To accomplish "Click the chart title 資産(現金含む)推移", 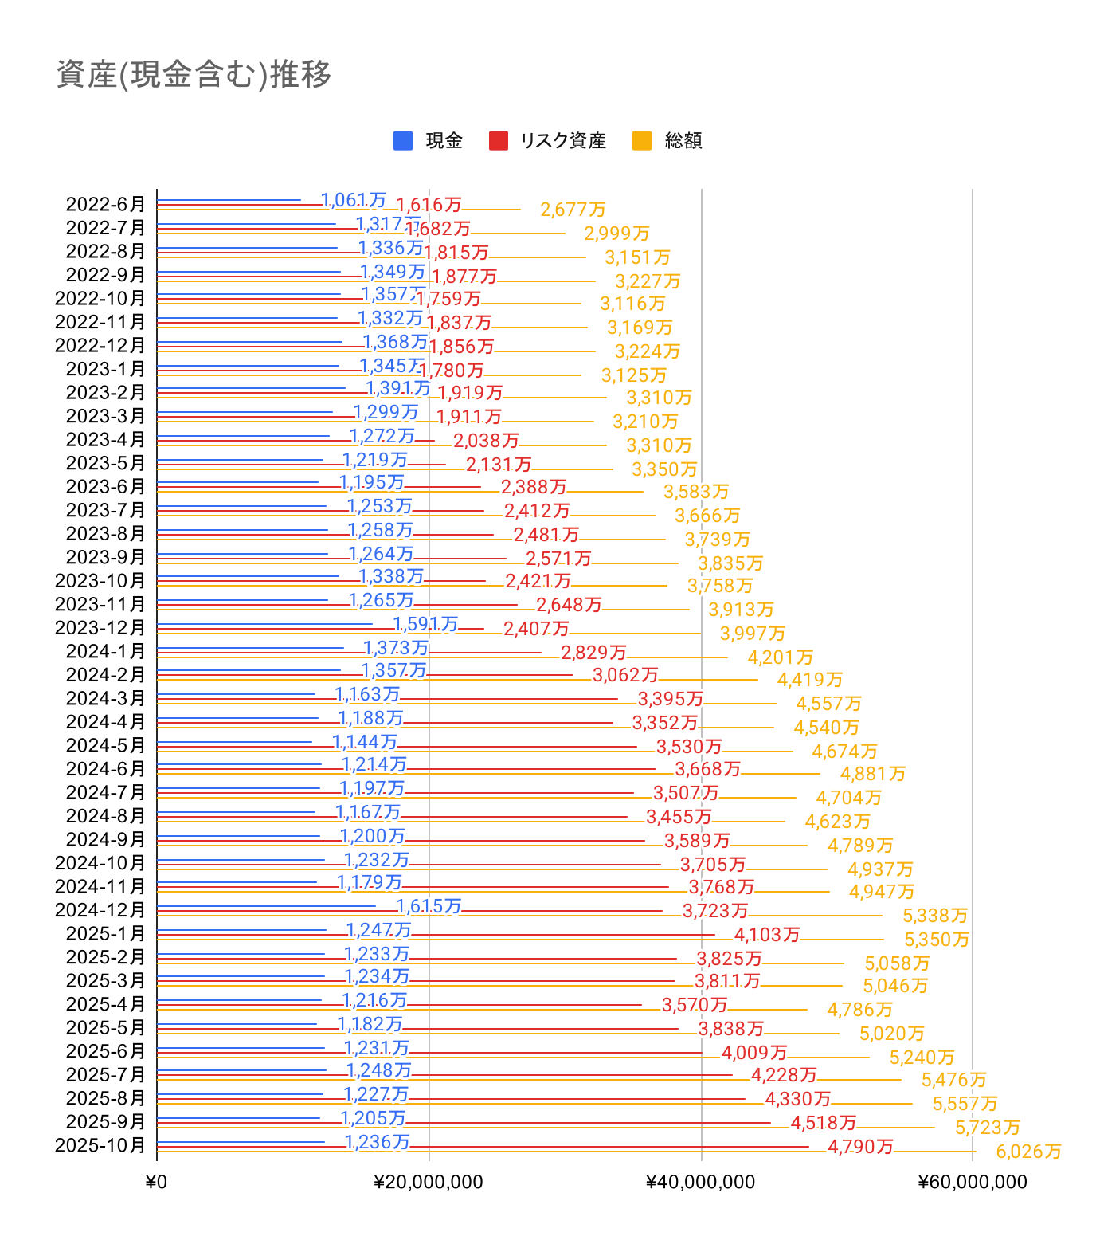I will coord(194,75).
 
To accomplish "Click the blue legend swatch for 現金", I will coord(403,141).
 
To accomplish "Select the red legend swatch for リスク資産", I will coord(499,141).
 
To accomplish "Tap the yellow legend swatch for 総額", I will coord(642,141).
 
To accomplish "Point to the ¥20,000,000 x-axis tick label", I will coord(429,1182).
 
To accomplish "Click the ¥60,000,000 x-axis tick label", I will coord(972,1182).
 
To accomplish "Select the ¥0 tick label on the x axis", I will coord(157,1182).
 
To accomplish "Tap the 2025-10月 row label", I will coord(100,1145).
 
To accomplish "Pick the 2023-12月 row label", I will coord(100,628).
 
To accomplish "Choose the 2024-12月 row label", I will coord(100,910).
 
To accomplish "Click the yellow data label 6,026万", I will coord(1028,1152).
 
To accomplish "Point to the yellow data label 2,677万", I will coord(573,210).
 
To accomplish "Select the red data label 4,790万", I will coord(860,1147).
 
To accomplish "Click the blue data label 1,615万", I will coord(429,906).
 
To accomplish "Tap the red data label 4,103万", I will coord(766,935).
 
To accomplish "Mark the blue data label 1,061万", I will coord(353,200).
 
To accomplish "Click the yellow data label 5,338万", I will coord(935,916).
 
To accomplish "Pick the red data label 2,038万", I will coord(486,441).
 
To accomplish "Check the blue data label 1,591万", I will coord(425,624).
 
